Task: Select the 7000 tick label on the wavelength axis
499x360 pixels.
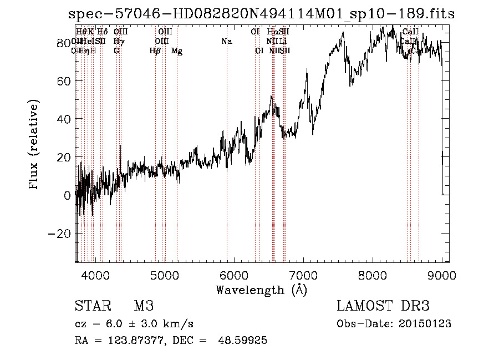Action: click(303, 275)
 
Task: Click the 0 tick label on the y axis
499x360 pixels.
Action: click(67, 195)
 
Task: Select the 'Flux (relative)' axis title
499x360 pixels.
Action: click(34, 145)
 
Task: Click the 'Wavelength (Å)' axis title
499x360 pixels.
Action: click(262, 290)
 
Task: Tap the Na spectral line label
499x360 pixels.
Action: click(226, 42)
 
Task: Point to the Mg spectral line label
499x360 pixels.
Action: click(177, 51)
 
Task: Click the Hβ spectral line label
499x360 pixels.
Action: click(155, 51)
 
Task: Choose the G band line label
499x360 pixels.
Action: click(116, 51)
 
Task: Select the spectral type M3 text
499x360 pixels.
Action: click(144, 306)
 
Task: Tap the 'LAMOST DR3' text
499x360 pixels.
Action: click(383, 306)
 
